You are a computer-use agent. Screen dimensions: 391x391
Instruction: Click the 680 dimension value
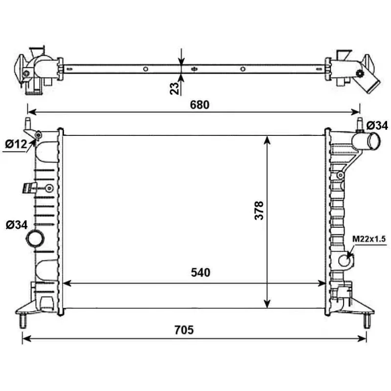tap(199, 105)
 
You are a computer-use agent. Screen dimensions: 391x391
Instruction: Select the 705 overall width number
tap(184, 330)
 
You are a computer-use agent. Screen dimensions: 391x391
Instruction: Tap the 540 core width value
tap(200, 273)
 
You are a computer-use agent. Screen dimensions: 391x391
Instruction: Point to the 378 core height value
tap(259, 211)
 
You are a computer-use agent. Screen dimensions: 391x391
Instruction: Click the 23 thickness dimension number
tap(174, 88)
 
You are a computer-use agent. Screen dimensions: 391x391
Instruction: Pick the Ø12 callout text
tap(16, 144)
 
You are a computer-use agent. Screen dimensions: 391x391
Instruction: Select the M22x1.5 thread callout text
tap(369, 239)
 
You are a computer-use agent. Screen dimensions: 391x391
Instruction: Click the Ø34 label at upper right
tap(377, 126)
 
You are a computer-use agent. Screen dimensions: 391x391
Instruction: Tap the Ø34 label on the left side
tap(17, 225)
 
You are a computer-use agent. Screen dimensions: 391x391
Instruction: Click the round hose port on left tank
tap(35, 239)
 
